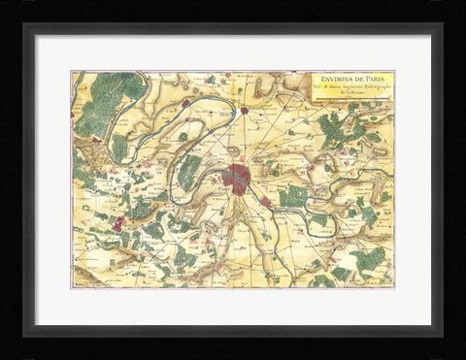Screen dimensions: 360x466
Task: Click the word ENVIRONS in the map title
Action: [x=331, y=78]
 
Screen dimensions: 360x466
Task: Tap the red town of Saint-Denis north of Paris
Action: [x=245, y=110]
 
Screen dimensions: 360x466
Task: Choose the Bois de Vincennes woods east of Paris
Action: [x=292, y=198]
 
